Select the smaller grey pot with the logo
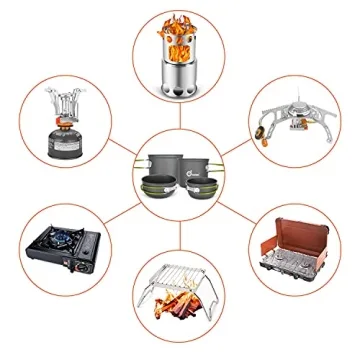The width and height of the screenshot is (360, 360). pos(198,166)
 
